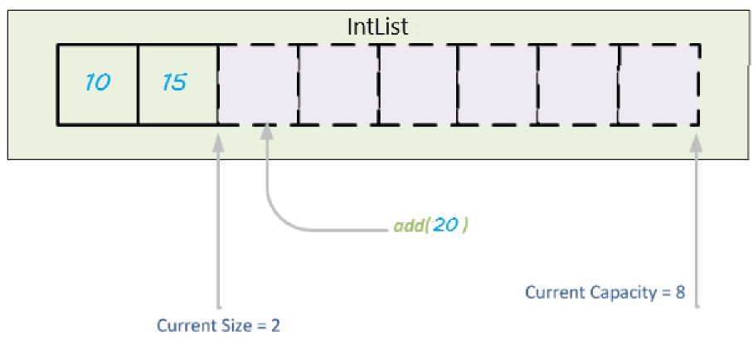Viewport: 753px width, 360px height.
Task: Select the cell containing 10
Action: click(98, 84)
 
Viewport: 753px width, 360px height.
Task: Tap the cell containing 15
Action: click(177, 84)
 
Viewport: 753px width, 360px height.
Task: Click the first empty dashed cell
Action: click(258, 84)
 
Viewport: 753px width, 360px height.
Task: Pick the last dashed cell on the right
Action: click(659, 84)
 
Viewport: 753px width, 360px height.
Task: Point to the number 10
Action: click(98, 84)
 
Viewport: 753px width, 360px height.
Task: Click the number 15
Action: click(174, 84)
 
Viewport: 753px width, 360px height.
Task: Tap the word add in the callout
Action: click(409, 226)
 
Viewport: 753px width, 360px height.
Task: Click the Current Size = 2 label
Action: click(219, 326)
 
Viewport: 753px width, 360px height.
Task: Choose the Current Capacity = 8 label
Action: click(605, 293)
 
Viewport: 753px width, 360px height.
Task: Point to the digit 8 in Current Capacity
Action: click(679, 293)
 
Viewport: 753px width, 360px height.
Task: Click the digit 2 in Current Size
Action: click(275, 326)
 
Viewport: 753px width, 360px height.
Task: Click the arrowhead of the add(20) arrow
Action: click(267, 134)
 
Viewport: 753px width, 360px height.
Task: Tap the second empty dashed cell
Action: click(338, 84)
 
